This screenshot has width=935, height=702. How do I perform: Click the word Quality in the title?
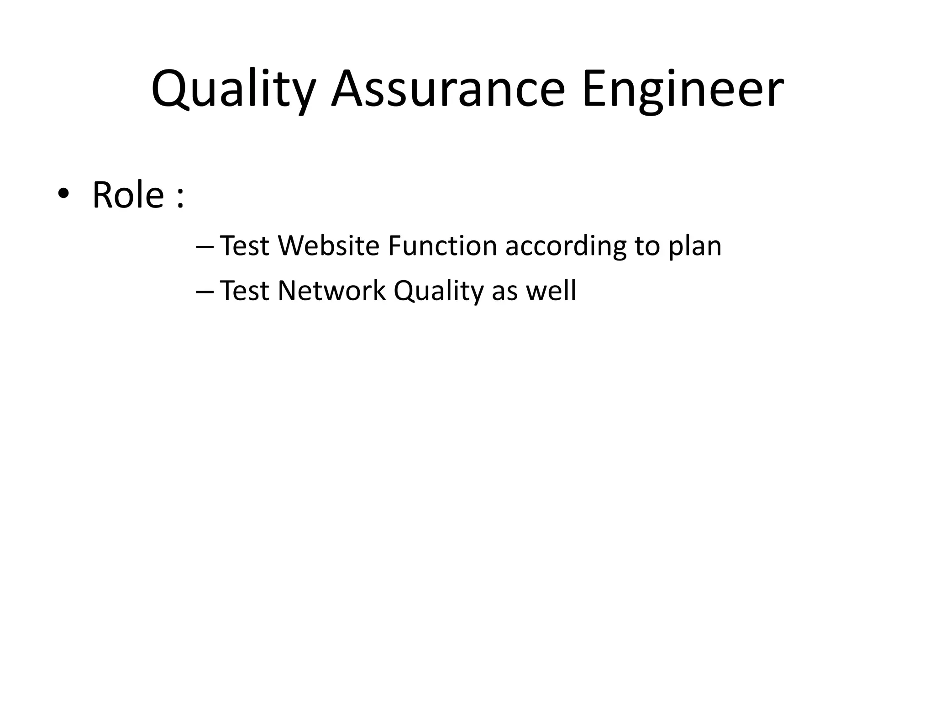233,90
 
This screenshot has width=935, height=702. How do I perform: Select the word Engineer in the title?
683,90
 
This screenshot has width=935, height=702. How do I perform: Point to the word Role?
128,195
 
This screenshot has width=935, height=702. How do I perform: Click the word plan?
695,247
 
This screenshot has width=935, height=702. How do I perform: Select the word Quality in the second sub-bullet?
438,291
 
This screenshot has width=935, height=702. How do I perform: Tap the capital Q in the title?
169,90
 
